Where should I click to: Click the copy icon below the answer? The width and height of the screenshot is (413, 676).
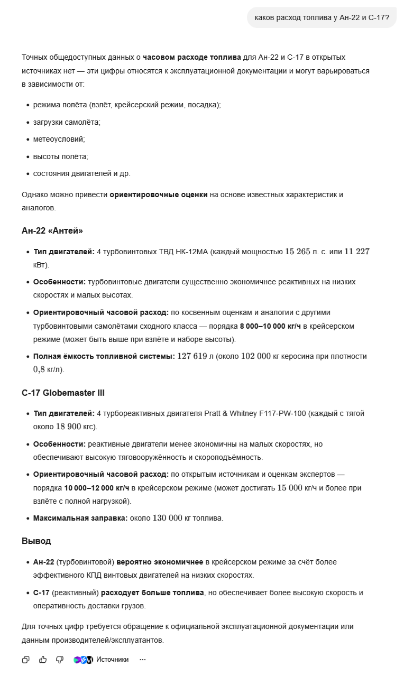coord(26,659)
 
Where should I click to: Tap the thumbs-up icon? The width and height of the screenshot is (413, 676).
coord(43,659)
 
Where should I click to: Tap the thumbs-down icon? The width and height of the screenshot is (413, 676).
coord(60,659)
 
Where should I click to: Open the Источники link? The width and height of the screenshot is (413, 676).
coord(112,659)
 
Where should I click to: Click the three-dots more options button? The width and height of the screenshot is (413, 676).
coord(142,659)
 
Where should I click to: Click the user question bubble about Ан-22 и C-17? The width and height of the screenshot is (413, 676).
coord(322,17)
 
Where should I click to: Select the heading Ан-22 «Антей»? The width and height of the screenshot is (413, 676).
coord(52,230)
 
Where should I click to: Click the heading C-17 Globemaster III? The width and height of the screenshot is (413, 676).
coord(63,393)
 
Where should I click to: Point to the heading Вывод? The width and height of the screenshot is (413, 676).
coord(36,541)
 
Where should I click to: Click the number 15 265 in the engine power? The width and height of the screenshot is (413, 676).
coord(298,252)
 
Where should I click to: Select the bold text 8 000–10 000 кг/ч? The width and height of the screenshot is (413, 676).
coord(270,326)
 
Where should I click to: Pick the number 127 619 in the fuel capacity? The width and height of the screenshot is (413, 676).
coord(192,356)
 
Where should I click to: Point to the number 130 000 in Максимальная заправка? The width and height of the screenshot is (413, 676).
coord(167,518)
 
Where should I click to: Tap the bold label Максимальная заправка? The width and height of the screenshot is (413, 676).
coord(80,518)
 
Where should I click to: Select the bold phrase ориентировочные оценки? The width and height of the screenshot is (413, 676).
coord(159,195)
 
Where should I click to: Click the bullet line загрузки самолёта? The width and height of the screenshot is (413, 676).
coord(67,122)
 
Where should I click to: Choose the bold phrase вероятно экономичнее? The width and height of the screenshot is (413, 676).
coord(160,562)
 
